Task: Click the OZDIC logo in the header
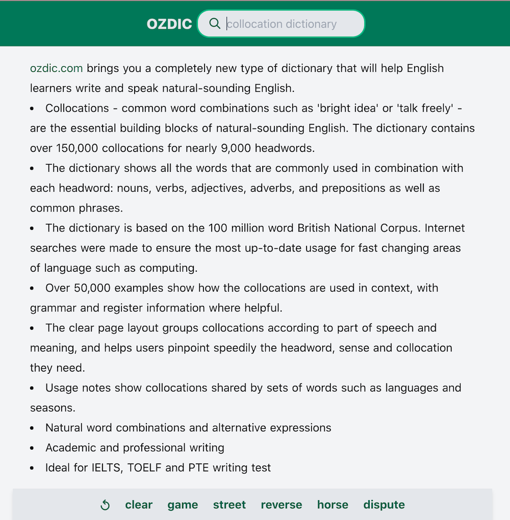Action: tap(169, 24)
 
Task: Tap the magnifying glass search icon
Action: tap(215, 23)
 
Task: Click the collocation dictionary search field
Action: tap(291, 24)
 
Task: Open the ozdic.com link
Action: tap(56, 68)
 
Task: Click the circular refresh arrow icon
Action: tap(105, 505)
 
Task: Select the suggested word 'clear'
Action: tap(139, 505)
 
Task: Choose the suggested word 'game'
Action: tap(183, 505)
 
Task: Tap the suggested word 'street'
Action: tap(229, 505)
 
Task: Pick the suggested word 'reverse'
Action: tap(282, 505)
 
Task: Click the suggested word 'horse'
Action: tap(333, 505)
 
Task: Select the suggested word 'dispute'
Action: tap(384, 505)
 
